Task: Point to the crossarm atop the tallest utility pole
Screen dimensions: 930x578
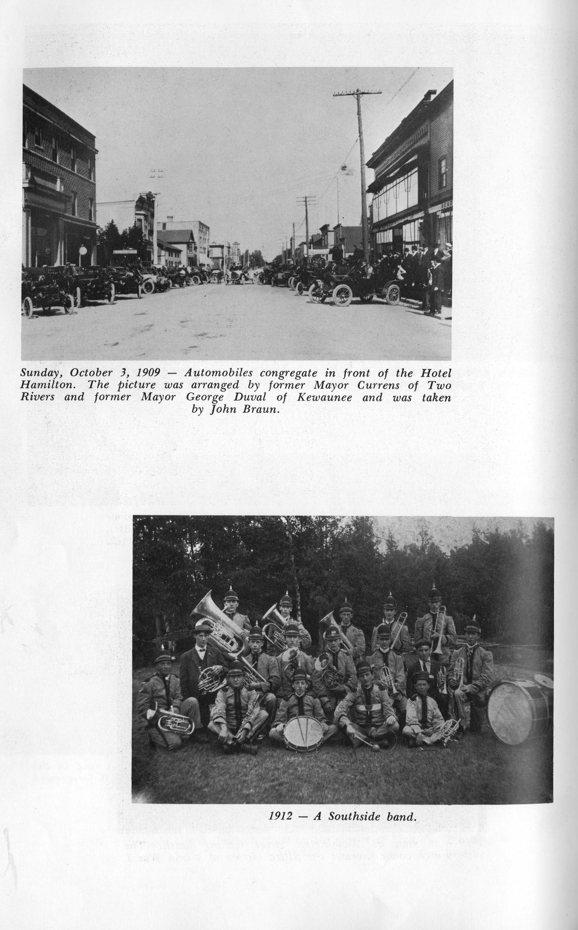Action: [357, 94]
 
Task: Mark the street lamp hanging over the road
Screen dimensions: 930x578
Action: [345, 168]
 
